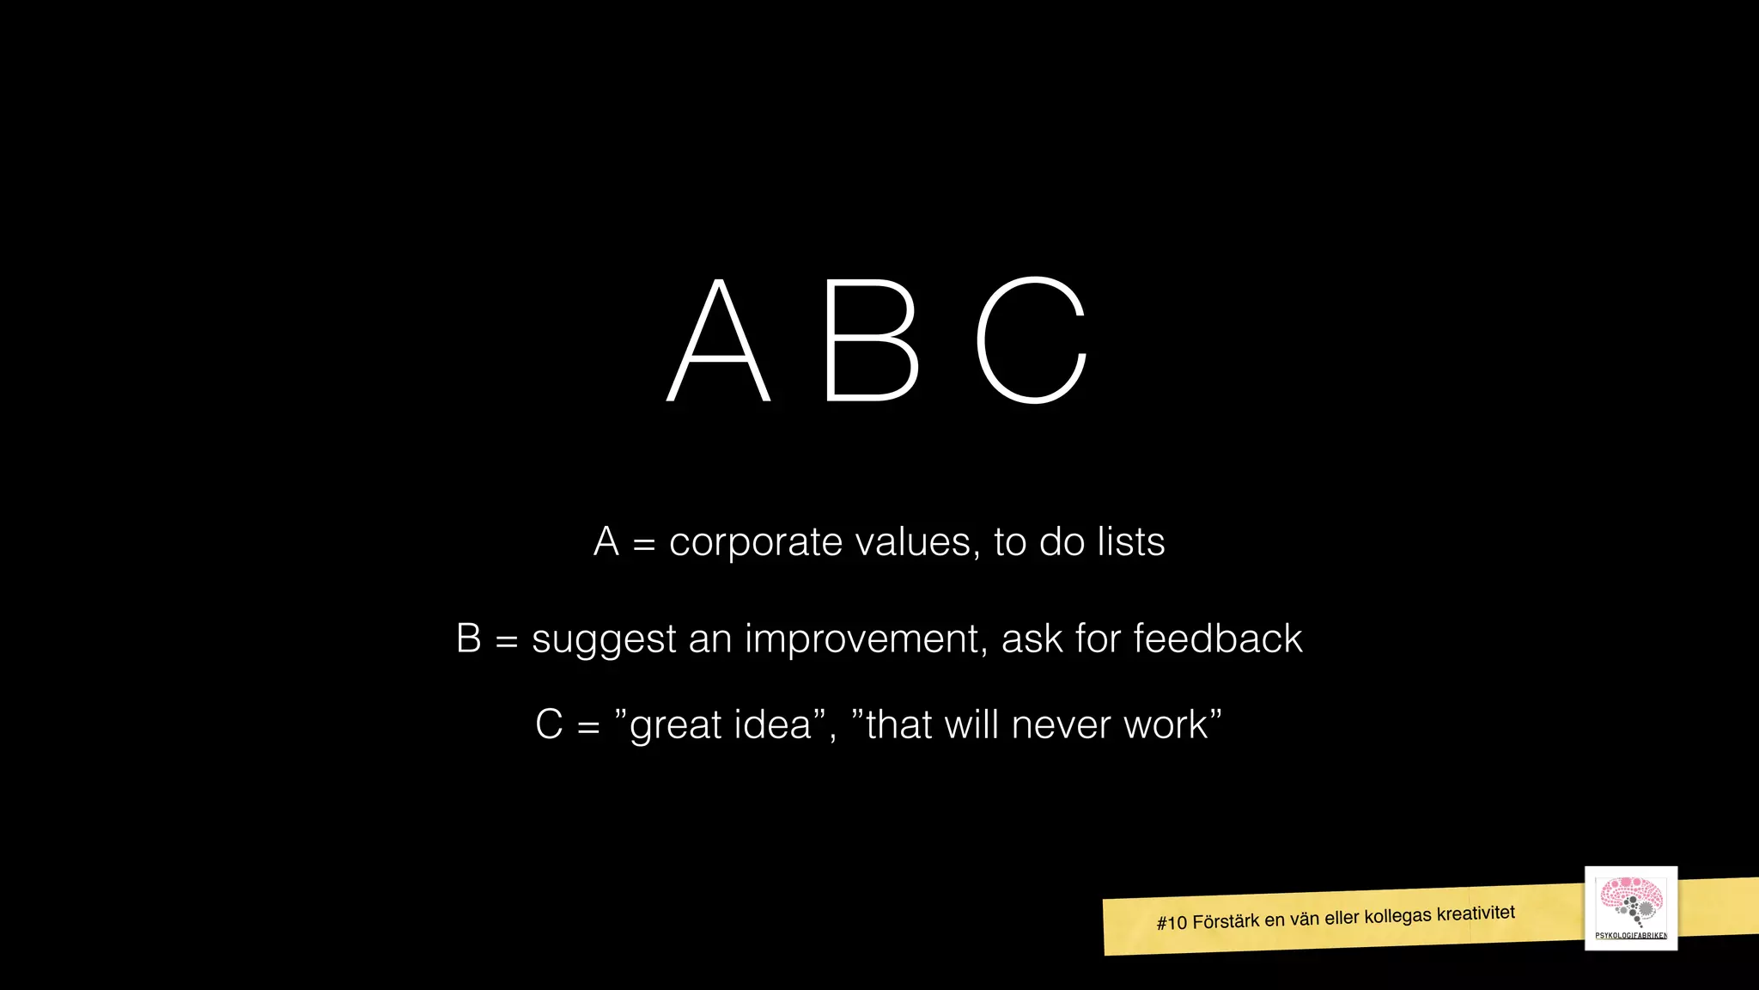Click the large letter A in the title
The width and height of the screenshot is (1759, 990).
tap(719, 341)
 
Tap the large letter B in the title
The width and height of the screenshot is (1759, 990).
tap(870, 341)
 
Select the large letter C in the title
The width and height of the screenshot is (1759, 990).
tap(1032, 341)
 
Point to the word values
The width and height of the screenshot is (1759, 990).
tap(916, 543)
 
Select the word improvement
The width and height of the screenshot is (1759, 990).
tap(865, 639)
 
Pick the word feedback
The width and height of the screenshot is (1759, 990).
tap(1217, 639)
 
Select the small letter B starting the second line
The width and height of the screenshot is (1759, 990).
tap(469, 639)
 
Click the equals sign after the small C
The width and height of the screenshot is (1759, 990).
tap(588, 727)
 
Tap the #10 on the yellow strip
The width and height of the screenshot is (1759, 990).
tap(1172, 924)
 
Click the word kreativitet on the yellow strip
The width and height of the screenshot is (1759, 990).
tap(1476, 913)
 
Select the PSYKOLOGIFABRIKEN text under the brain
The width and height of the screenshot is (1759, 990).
tap(1630, 936)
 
